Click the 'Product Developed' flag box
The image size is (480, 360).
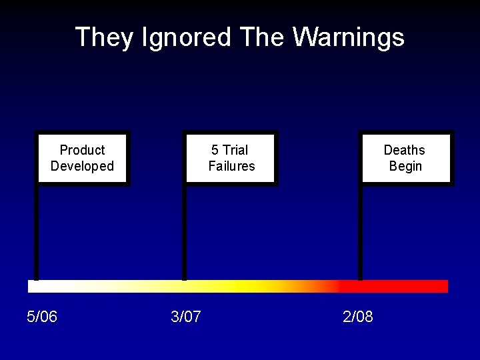click(83, 158)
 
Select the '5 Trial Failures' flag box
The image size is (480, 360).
click(231, 158)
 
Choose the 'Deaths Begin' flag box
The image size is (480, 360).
click(405, 158)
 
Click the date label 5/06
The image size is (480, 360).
click(42, 317)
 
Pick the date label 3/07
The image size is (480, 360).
click(186, 317)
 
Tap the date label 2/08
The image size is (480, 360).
click(358, 317)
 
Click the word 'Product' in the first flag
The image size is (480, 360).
click(83, 150)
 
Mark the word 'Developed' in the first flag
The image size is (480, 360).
click(83, 166)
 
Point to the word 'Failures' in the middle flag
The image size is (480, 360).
click(231, 166)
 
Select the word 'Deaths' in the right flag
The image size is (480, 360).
click(404, 150)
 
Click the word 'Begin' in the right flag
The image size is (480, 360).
click(405, 166)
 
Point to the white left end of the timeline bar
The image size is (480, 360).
click(40, 287)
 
